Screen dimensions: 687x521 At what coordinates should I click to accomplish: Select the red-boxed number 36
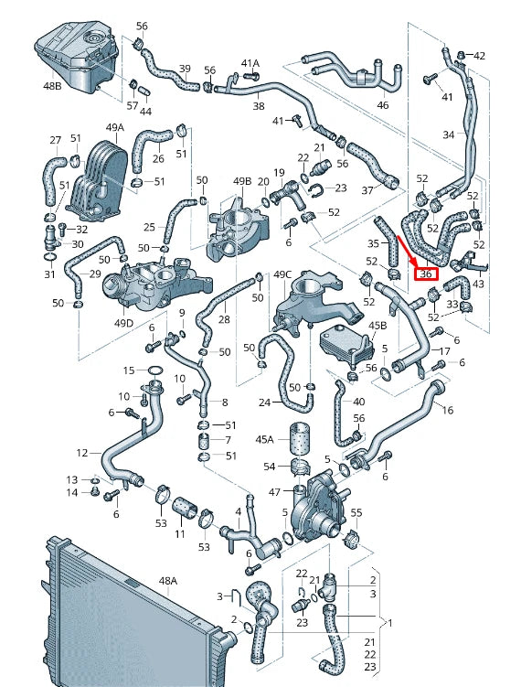coord(425,273)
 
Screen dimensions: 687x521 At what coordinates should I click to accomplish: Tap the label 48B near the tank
coord(51,86)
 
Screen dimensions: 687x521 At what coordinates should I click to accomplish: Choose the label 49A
coord(114,127)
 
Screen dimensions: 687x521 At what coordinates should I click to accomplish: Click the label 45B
coord(377,326)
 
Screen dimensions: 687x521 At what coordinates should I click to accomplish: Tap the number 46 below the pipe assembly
coord(382,106)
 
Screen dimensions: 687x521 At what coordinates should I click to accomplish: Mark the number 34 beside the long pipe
coord(448,134)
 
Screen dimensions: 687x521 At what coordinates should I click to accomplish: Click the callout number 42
coord(479,56)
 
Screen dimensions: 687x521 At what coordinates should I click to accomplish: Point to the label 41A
coord(250,63)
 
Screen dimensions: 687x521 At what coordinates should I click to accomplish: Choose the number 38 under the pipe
coord(258,106)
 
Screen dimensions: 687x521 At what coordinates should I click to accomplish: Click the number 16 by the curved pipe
coord(447,411)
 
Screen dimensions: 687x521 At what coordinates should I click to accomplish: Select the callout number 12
coord(82,453)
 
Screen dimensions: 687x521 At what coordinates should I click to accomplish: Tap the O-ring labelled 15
coord(155,370)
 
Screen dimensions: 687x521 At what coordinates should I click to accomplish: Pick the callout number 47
coord(273,492)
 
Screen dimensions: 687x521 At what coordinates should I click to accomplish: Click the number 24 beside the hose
coord(264,403)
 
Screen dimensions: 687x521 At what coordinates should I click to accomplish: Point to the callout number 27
coord(55,140)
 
